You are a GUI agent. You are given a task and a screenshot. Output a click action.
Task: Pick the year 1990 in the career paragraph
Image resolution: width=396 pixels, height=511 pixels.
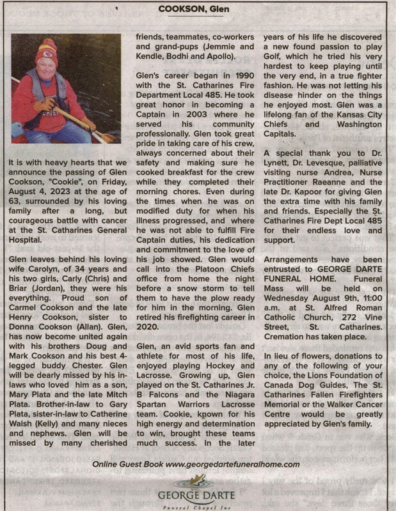[240, 85]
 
